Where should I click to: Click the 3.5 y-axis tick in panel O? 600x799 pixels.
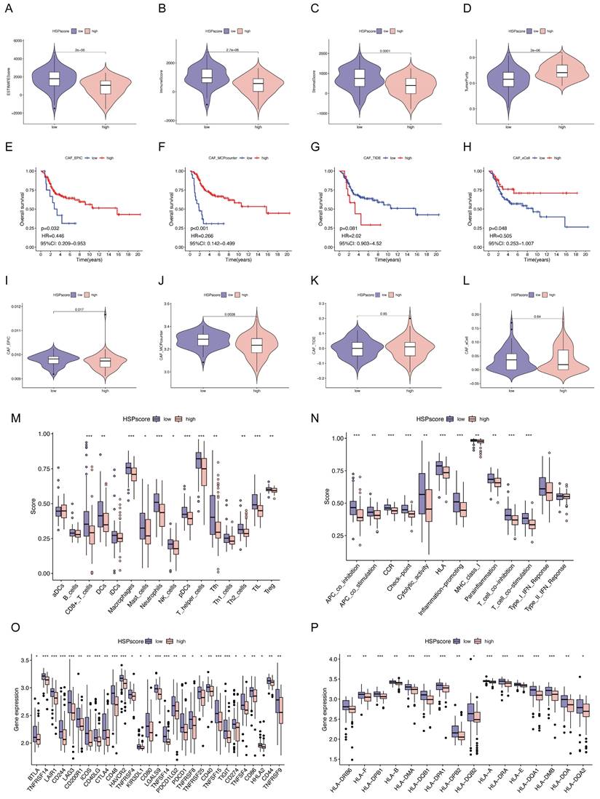28,660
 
